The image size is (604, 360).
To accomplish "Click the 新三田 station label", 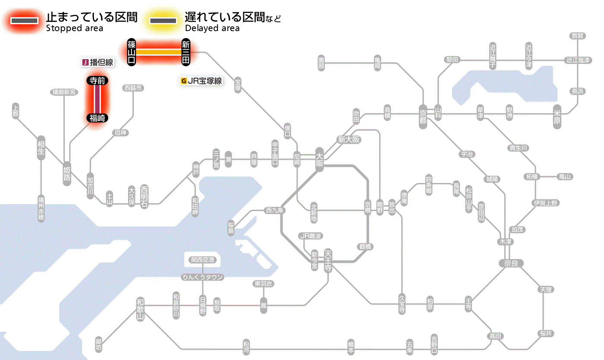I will pos(186,52).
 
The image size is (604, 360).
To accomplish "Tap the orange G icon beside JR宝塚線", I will pos(184,81).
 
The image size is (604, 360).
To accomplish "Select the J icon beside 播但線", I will pos(85,63).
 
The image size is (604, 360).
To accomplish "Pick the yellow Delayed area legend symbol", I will pos(163,21).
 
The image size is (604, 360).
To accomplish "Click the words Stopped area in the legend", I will pos(74,28).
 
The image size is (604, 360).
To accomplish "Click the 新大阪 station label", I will pos(349,139).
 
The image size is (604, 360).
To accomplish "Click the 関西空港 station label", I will pos(203,259).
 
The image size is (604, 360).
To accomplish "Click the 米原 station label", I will pos(557,118).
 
